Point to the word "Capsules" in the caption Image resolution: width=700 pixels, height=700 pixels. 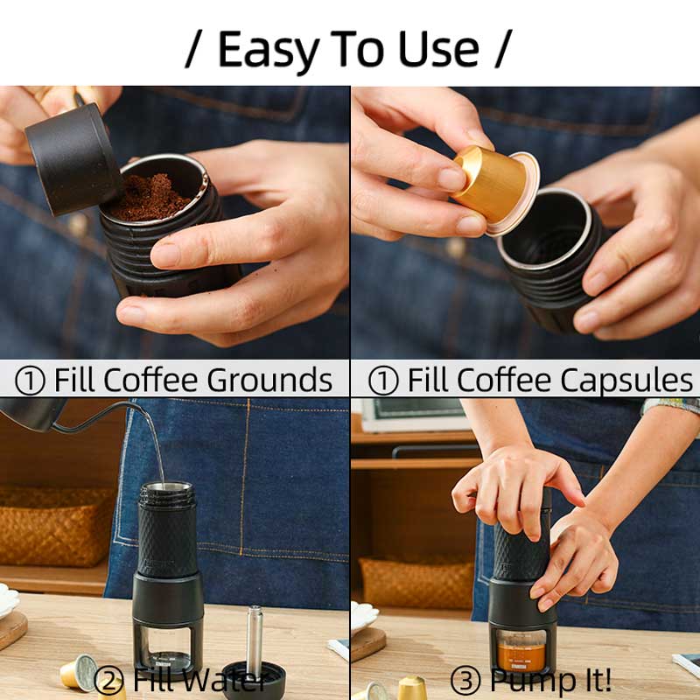tap(628, 381)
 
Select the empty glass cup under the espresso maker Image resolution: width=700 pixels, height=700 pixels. tap(166, 647)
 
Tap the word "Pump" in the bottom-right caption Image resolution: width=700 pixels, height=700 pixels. tap(528, 680)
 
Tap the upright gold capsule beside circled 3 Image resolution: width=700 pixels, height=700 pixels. tap(412, 688)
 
